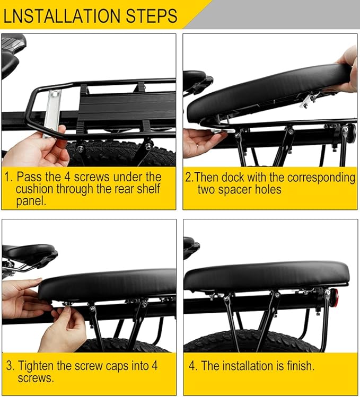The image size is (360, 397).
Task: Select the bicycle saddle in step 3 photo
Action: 29,253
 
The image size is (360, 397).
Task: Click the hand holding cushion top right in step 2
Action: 347,69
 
